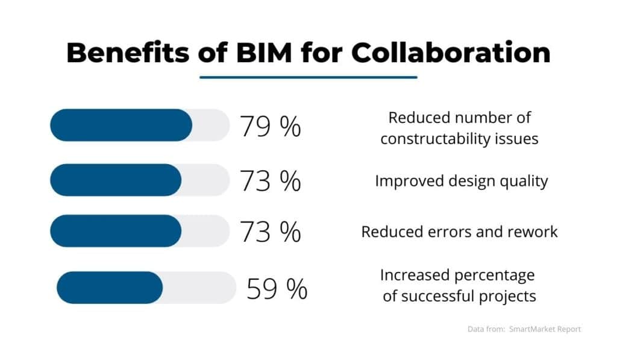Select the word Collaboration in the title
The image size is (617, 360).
pos(451,52)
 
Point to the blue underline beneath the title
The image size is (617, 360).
pos(308,77)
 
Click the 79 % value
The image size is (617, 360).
pos(271,126)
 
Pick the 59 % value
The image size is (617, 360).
pos(277,289)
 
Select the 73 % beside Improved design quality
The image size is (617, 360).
pos(271,180)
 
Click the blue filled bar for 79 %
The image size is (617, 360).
pos(121,125)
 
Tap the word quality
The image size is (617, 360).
pos(523,181)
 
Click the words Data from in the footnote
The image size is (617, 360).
pos(487,329)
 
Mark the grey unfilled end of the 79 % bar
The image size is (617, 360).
pos(212,125)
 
